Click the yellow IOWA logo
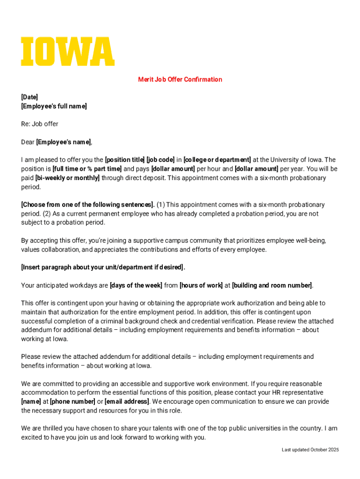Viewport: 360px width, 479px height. pyautogui.click(x=68, y=51)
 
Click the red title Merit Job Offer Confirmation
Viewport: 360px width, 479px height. pyautogui.click(x=180, y=80)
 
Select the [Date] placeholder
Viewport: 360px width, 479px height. pyautogui.click(x=29, y=97)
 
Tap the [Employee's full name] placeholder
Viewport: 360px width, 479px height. pyautogui.click(x=54, y=106)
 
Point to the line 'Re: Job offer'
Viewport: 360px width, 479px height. pyautogui.click(x=40, y=124)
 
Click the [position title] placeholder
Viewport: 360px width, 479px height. pyautogui.click(x=125, y=160)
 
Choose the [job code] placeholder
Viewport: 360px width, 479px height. pyautogui.click(x=160, y=160)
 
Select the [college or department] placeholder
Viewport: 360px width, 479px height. pyautogui.click(x=217, y=160)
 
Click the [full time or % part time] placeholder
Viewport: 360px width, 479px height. pyautogui.click(x=87, y=169)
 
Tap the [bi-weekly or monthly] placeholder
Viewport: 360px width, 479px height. pyautogui.click(x=67, y=178)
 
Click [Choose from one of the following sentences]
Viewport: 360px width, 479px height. pyautogui.click(x=88, y=205)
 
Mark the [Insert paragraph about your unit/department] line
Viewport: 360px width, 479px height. pyautogui.click(x=103, y=268)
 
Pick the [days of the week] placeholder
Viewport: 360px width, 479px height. pyautogui.click(x=136, y=285)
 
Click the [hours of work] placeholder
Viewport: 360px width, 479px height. pyautogui.click(x=201, y=285)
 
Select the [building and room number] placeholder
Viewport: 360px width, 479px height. pyautogui.click(x=272, y=285)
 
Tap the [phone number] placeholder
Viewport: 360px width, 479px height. pyautogui.click(x=72, y=402)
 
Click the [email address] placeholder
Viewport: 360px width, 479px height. pyautogui.click(x=127, y=402)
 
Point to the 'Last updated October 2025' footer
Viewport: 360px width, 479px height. pyautogui.click(x=310, y=450)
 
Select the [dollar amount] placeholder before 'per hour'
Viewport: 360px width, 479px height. pyautogui.click(x=173, y=169)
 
